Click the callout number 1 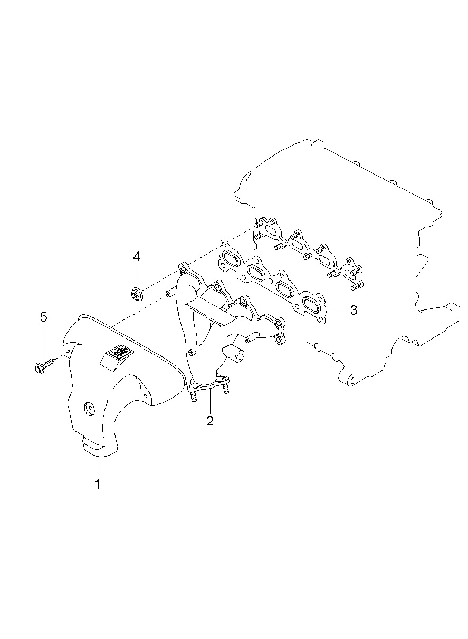click(98, 484)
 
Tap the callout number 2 click(210, 420)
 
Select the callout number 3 click(353, 310)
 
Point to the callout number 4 click(137, 257)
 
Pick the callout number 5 click(44, 317)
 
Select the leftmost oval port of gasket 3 click(230, 258)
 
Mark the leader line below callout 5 click(44, 340)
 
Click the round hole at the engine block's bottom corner click(352, 379)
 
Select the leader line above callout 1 click(98, 467)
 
